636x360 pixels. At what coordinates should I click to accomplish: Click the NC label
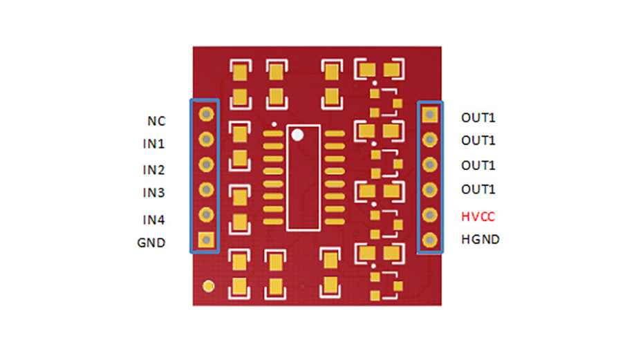(x=156, y=121)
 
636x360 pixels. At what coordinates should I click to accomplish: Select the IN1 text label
(x=153, y=144)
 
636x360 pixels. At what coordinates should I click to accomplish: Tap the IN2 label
(x=153, y=169)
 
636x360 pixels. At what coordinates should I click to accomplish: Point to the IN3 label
(x=153, y=193)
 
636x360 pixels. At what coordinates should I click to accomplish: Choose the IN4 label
(x=153, y=220)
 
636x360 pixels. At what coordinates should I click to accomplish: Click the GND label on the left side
(x=151, y=243)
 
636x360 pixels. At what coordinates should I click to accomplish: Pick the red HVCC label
(x=478, y=217)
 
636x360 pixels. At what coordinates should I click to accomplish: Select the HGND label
(x=480, y=240)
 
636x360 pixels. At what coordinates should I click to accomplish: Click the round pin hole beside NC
(x=206, y=114)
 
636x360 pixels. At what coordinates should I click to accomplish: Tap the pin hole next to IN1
(x=206, y=140)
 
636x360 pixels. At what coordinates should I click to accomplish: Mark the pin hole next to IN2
(x=206, y=164)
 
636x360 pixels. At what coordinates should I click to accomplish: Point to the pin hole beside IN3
(x=206, y=189)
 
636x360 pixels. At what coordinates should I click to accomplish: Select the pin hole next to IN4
(x=206, y=214)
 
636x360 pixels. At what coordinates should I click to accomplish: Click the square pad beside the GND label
(x=206, y=240)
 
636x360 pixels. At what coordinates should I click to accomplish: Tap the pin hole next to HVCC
(x=429, y=215)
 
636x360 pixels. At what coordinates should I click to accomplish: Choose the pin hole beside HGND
(x=429, y=240)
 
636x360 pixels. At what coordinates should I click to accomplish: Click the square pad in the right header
(x=429, y=115)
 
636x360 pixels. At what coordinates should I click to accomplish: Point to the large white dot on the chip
(x=297, y=135)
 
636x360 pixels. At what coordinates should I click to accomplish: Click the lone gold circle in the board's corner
(x=209, y=287)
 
